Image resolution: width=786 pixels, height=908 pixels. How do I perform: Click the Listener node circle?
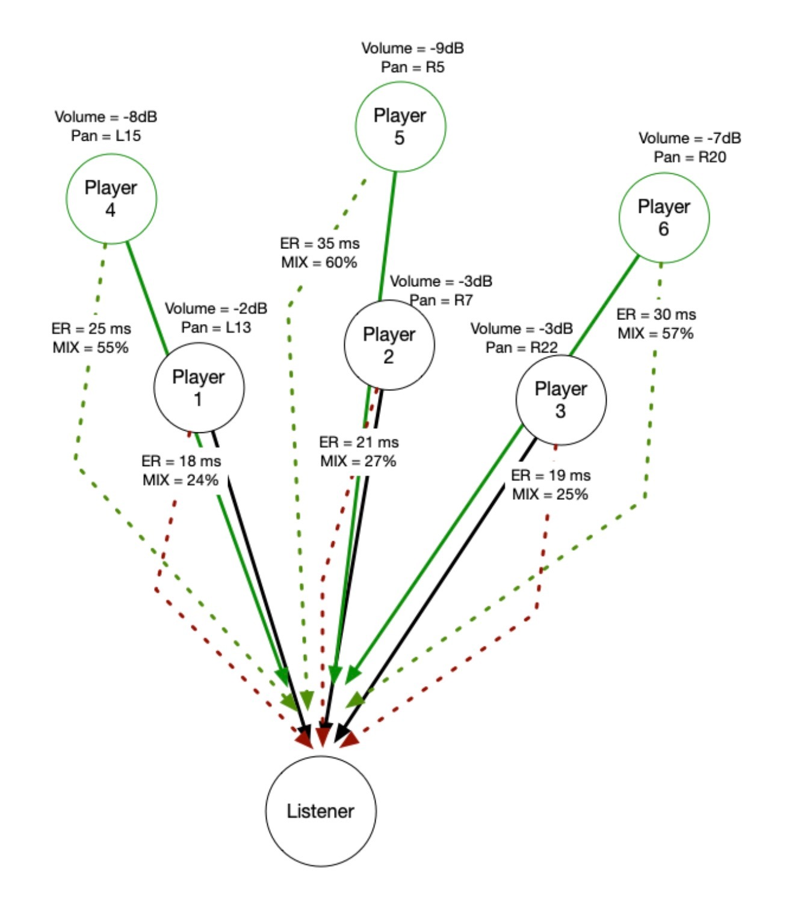tap(321, 811)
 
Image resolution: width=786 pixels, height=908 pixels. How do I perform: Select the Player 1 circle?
tap(199, 387)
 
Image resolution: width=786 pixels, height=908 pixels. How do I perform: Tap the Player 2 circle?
tap(389, 345)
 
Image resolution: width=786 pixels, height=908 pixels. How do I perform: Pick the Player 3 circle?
tap(561, 400)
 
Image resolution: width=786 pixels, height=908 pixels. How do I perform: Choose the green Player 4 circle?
tap(111, 198)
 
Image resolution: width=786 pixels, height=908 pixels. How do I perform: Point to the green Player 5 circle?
tap(400, 126)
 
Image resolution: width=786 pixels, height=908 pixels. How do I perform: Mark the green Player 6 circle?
tap(664, 218)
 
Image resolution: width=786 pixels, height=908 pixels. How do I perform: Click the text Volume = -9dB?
tap(412, 48)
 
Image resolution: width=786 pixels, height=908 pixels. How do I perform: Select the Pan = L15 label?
tap(106, 136)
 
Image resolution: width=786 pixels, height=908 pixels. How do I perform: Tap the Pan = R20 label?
tap(690, 157)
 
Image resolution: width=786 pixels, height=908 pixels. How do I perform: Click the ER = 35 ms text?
tap(320, 244)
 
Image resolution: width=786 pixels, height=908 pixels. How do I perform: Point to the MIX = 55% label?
tap(90, 348)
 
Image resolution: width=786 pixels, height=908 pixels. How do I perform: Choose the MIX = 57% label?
tap(655, 333)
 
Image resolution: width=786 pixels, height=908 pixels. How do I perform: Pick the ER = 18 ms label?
tap(181, 461)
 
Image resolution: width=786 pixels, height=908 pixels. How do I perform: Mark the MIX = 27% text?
tap(358, 461)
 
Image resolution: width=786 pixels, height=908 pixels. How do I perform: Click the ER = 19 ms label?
tap(551, 475)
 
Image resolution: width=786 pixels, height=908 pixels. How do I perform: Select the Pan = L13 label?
tap(216, 327)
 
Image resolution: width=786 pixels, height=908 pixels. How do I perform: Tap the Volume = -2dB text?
tap(216, 308)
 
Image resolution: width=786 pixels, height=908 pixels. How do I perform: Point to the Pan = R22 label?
tap(521, 348)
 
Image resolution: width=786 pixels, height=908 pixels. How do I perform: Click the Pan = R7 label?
tap(441, 300)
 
